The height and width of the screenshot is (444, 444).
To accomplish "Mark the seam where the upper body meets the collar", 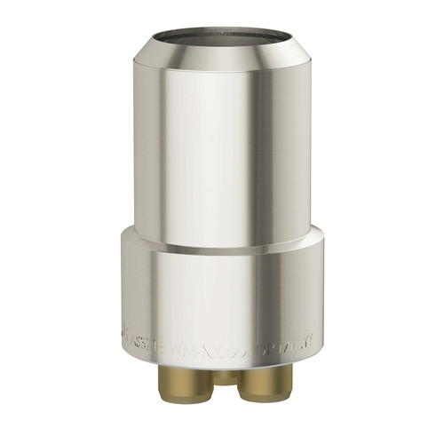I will point(221,248).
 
